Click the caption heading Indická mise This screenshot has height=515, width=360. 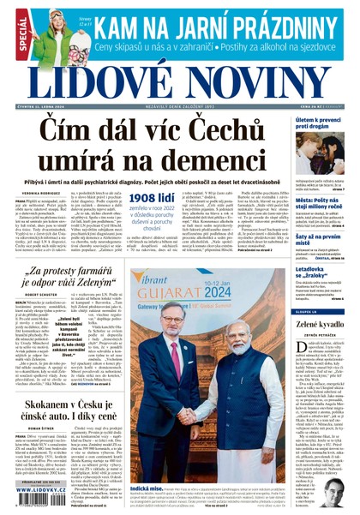pyautogui.click(x=145, y=487)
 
